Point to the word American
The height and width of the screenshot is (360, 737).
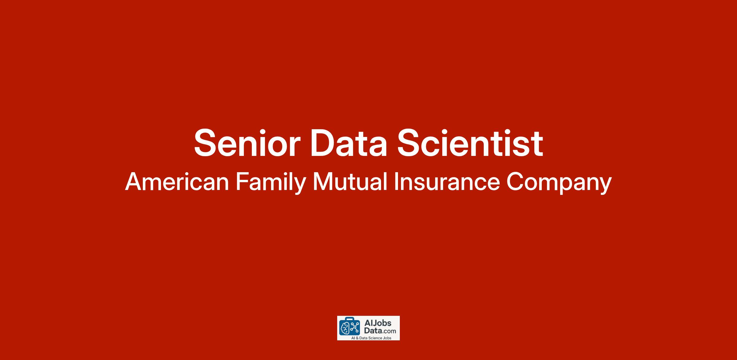click(x=177, y=182)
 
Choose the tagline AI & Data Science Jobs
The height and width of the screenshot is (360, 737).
click(x=371, y=338)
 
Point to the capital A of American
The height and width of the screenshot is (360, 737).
click(x=134, y=182)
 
